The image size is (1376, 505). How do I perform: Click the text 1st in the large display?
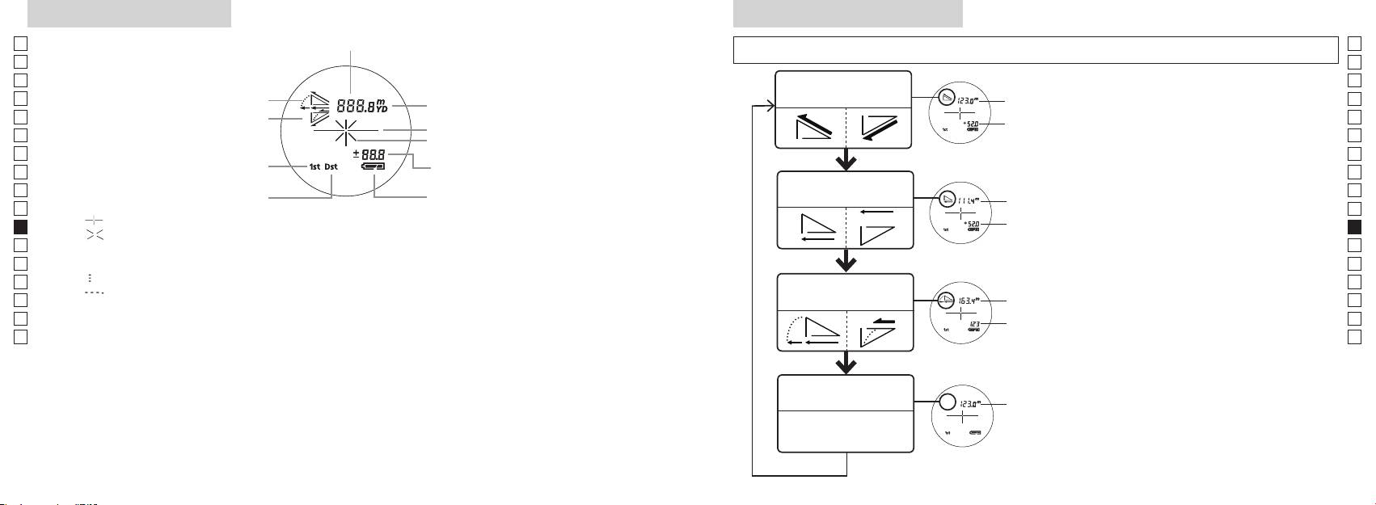click(x=314, y=167)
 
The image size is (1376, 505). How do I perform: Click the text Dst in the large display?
click(x=331, y=167)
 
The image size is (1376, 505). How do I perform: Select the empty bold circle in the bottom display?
click(x=949, y=404)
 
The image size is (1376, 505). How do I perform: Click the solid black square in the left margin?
click(x=21, y=227)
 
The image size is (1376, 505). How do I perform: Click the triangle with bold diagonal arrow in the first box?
click(x=811, y=128)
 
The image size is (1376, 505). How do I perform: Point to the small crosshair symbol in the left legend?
click(x=95, y=220)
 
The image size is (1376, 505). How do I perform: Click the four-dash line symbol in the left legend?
click(x=95, y=292)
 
